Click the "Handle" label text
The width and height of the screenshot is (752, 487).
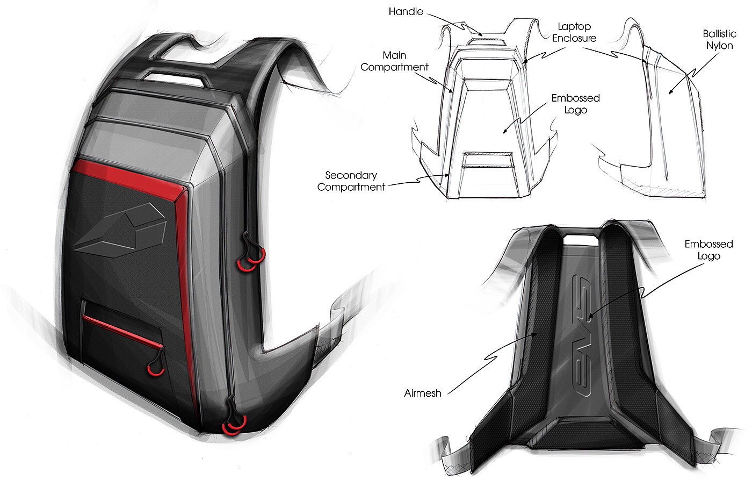tap(407, 11)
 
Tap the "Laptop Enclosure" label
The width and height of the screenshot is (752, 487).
tap(574, 32)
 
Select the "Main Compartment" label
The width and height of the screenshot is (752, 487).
tap(395, 61)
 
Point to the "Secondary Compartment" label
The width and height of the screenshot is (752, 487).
tap(351, 181)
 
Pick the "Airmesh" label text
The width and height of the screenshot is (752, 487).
tap(423, 393)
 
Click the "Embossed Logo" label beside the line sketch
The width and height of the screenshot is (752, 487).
tap(575, 104)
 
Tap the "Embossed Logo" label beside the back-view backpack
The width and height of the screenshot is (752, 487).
tap(708, 250)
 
